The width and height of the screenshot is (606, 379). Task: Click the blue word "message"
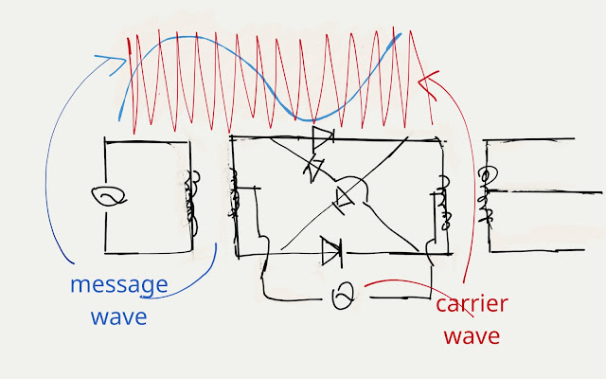118,285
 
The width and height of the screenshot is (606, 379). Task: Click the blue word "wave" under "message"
119,316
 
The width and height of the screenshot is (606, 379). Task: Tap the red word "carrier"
472,305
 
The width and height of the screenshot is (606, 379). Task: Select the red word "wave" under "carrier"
472,336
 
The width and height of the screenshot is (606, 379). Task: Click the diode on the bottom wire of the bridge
331,252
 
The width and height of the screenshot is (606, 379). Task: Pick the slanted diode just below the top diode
312,167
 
